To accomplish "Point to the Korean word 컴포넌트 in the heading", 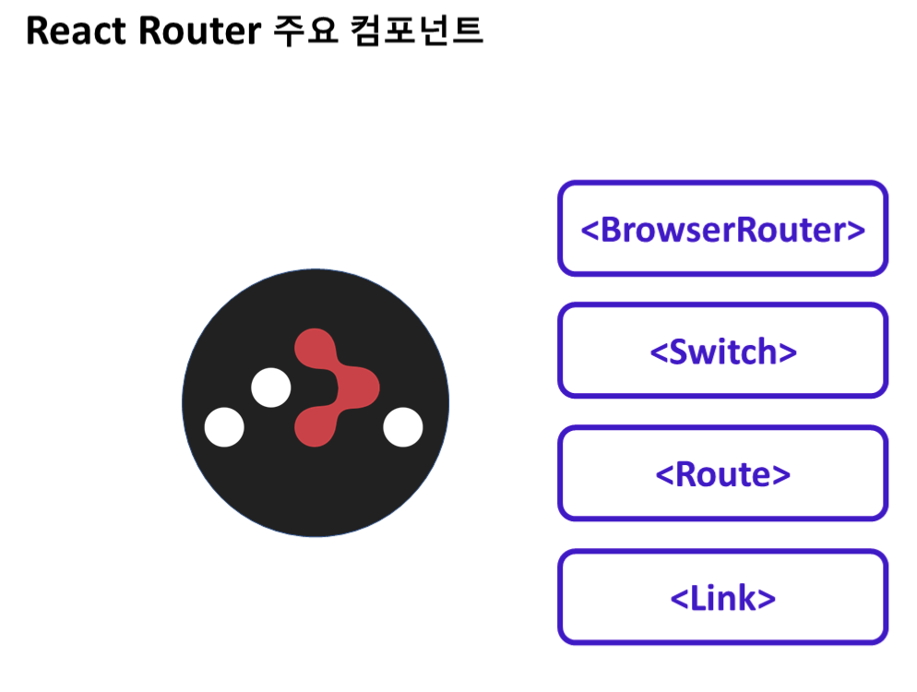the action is (417, 32).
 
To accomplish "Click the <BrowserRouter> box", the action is (722, 229).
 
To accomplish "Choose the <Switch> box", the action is (722, 352).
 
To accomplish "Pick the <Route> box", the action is (722, 474).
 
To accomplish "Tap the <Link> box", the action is (722, 598).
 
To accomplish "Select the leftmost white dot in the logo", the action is (224, 427).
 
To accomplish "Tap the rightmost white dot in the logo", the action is (403, 427).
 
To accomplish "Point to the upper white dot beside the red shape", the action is (271, 388).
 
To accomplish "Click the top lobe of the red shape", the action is (314, 346).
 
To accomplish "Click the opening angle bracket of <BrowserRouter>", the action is (589, 231).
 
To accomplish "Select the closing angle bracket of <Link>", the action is (767, 600).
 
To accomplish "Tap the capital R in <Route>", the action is (686, 474).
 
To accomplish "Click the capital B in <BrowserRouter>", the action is (613, 229).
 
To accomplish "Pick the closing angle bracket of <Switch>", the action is (787, 353).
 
